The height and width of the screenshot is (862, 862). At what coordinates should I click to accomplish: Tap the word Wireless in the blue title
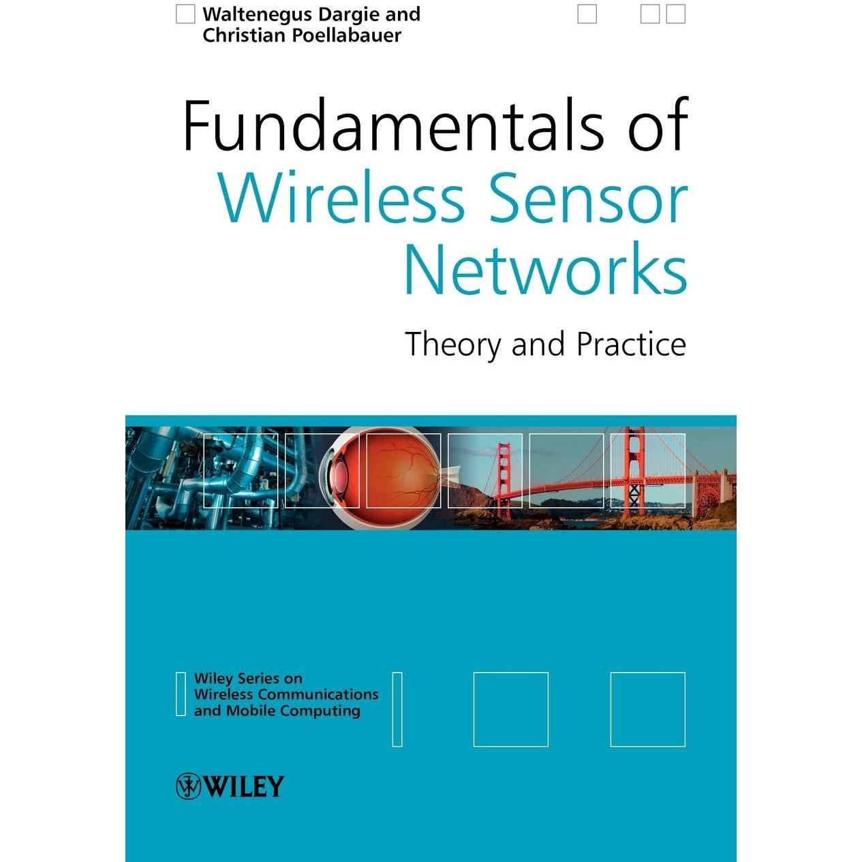tap(341, 197)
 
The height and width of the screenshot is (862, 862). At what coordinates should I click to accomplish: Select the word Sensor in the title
tap(589, 197)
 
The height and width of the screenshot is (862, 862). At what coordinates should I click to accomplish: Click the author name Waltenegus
tap(257, 15)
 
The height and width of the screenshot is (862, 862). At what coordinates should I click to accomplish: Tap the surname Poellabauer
tap(347, 35)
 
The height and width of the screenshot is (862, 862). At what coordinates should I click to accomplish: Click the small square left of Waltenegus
tap(185, 14)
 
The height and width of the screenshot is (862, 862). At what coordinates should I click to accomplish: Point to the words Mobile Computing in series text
tap(293, 710)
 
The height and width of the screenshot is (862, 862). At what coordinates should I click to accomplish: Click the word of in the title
tap(658, 125)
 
